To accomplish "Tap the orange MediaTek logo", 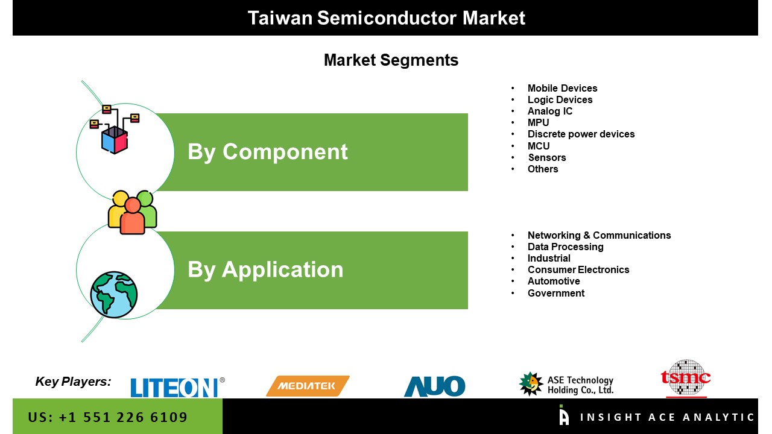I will [308, 386].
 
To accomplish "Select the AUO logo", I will [434, 386].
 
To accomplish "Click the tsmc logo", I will [686, 379].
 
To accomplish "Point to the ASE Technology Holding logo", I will [566, 384].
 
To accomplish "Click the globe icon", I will [113, 295].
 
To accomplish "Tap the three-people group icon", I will [132, 212].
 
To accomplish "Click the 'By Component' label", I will [267, 152].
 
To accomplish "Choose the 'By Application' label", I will [265, 269].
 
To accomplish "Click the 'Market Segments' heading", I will [391, 60].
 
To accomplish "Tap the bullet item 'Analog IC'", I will [549, 111].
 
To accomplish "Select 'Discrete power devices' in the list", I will [581, 134].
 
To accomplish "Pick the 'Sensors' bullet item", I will [546, 157].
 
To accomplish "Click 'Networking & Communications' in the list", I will [599, 235].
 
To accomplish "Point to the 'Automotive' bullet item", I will [553, 281].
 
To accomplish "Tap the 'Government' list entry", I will [555, 293].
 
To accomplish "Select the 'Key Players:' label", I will [73, 381].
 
